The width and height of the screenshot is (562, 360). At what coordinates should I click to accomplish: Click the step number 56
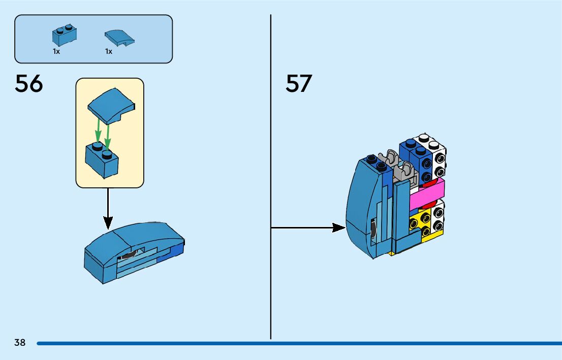click(28, 84)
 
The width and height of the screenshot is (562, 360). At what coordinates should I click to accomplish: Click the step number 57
click(299, 84)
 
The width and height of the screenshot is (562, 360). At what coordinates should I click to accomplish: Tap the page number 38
click(20, 342)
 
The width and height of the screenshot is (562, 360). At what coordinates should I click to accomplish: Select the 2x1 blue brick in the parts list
click(65, 35)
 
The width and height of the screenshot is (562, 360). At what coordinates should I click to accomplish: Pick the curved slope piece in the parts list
click(120, 38)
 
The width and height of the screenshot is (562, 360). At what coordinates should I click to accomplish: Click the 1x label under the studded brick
click(56, 52)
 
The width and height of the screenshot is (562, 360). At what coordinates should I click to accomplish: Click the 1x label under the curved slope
click(109, 52)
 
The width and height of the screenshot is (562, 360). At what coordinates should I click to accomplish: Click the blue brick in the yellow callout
click(102, 160)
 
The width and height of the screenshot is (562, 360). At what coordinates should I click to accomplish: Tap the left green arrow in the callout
click(98, 130)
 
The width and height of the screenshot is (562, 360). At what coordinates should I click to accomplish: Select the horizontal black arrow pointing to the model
click(308, 227)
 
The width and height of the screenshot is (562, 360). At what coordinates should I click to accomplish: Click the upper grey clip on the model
click(388, 158)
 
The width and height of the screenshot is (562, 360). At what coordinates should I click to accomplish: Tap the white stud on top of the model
click(424, 138)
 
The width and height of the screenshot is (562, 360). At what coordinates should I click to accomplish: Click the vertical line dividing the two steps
click(271, 177)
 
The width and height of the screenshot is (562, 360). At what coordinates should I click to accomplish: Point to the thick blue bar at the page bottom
click(299, 343)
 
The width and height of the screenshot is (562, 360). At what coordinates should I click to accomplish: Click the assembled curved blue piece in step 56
click(135, 252)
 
